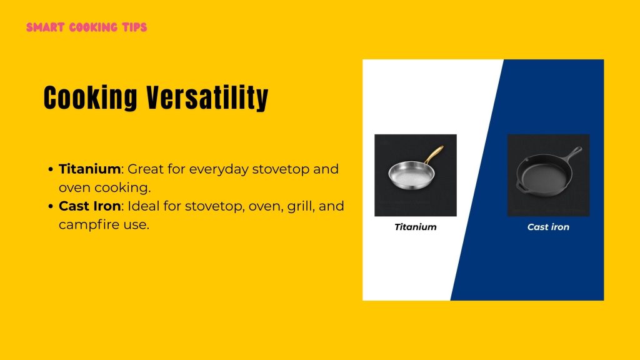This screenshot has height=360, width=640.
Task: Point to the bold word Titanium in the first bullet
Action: tap(89, 169)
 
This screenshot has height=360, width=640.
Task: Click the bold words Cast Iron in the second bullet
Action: tap(89, 206)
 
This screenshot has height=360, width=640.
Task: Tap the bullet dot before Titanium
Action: tap(50, 169)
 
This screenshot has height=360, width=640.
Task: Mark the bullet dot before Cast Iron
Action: tap(50, 206)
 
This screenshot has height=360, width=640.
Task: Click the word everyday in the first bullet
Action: tap(219, 169)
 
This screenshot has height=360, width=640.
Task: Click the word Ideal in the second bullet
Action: tap(141, 206)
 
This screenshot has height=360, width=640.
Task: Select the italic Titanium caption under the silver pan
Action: tap(415, 227)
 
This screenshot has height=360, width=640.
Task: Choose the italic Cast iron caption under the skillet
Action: tap(548, 227)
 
